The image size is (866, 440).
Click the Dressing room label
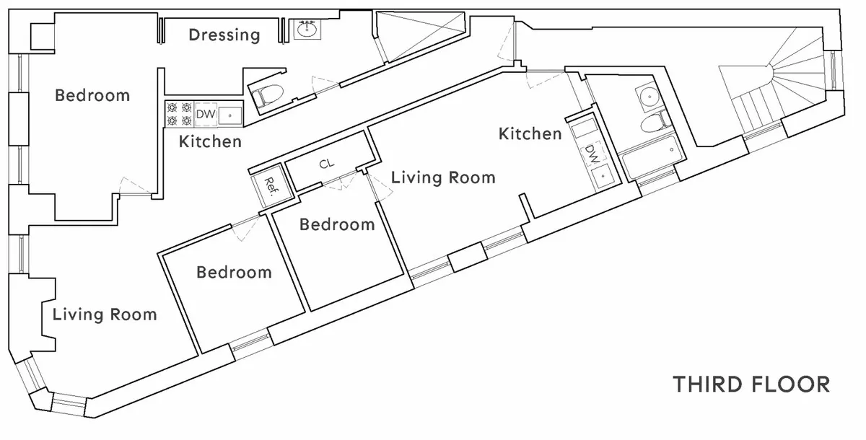(224, 35)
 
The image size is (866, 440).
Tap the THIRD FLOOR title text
(751, 384)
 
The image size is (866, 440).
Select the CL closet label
(327, 164)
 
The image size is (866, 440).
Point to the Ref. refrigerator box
(272, 185)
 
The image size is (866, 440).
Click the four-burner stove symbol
(179, 114)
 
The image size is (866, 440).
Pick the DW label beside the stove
(206, 114)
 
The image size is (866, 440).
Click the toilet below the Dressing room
(267, 94)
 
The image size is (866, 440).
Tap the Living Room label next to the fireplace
(105, 314)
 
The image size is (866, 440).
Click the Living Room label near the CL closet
(443, 177)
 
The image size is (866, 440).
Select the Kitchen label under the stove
(210, 141)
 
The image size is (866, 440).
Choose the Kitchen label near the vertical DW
(530, 133)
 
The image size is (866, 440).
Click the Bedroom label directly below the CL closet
(337, 224)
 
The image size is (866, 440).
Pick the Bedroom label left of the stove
(92, 95)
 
